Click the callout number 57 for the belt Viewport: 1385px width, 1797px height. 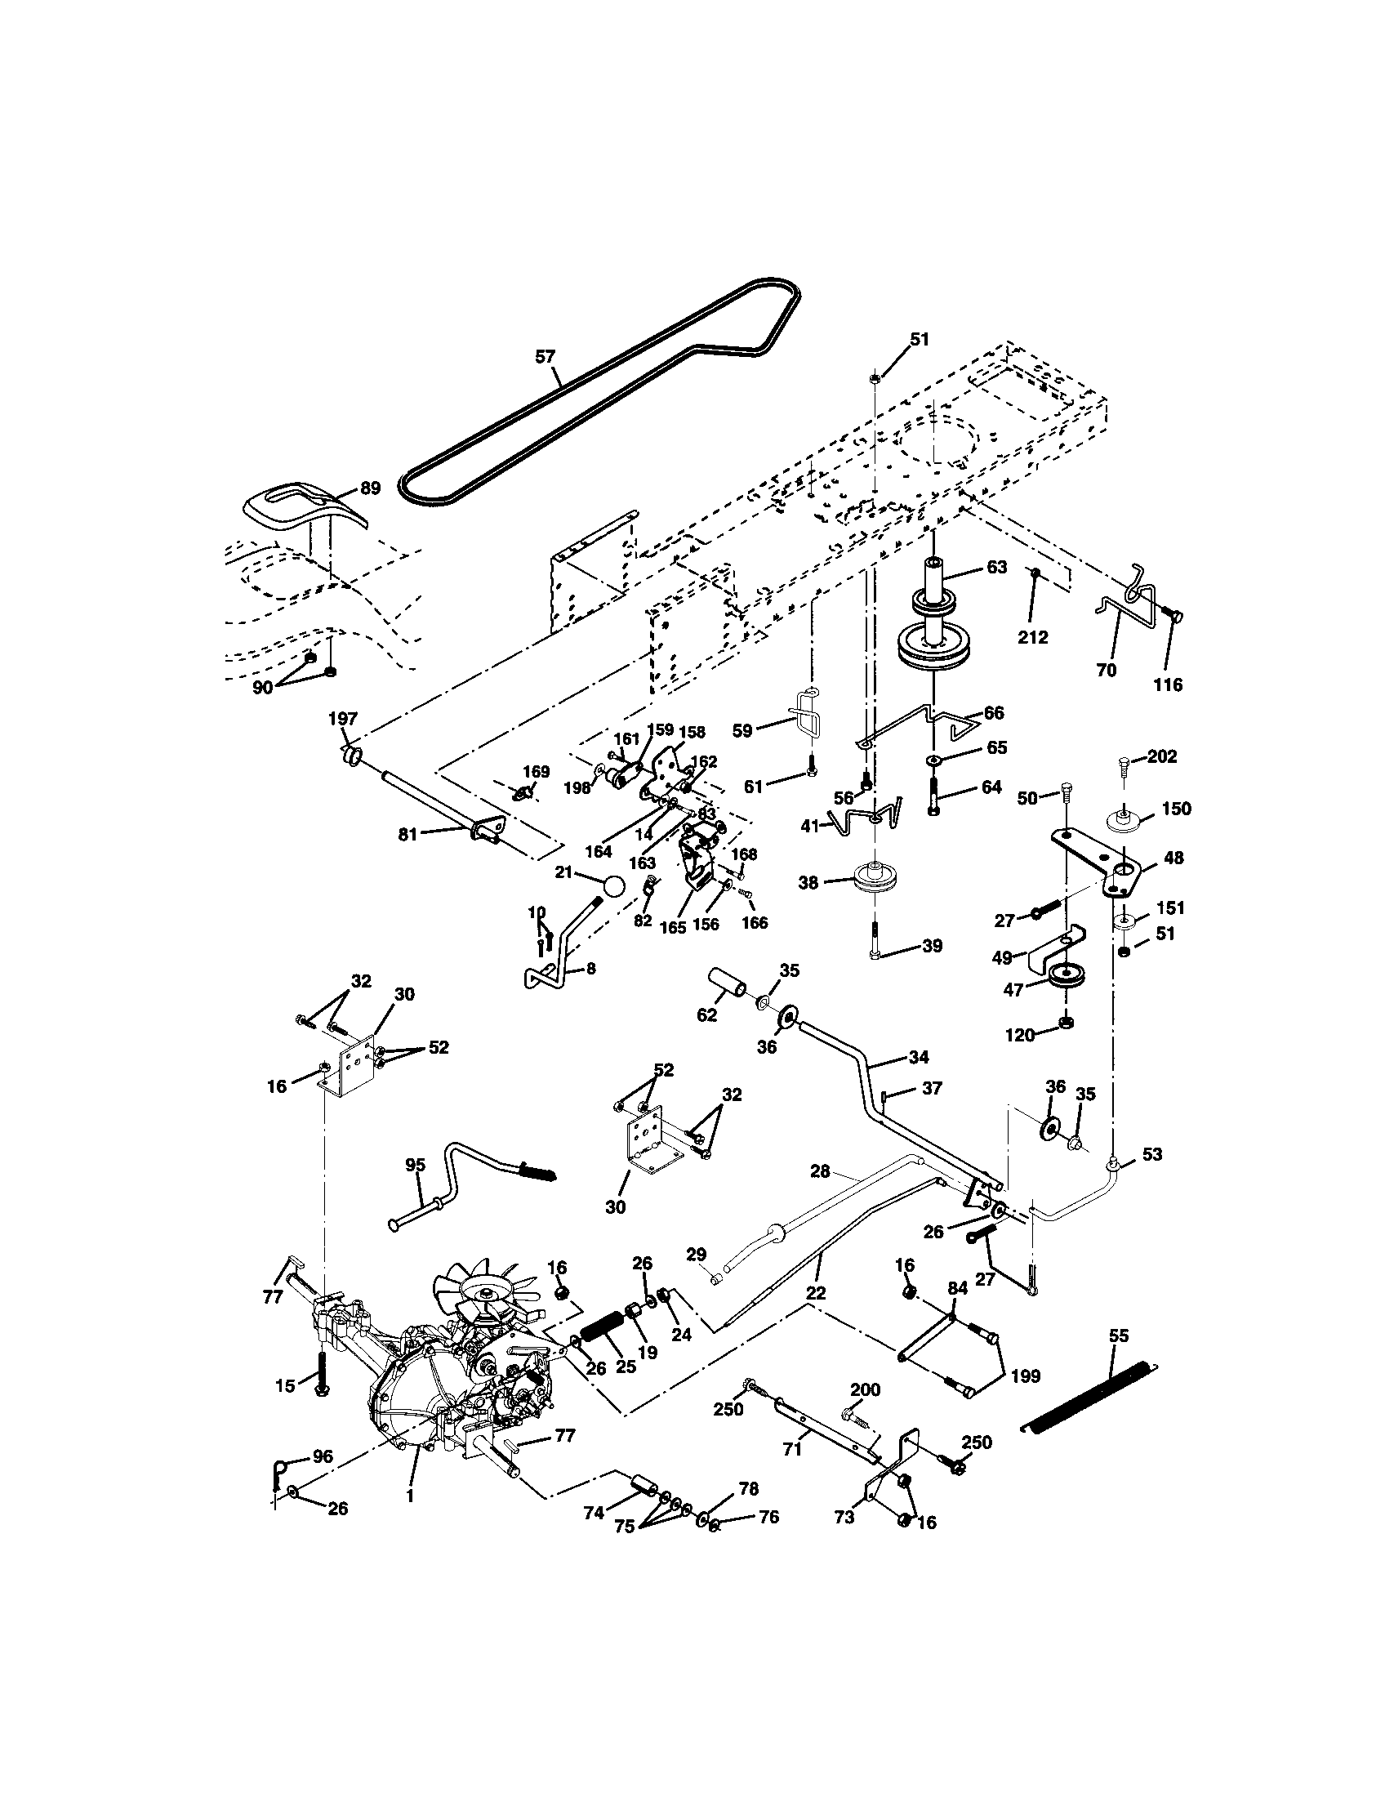coord(545,356)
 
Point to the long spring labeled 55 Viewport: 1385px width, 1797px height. coord(1089,1396)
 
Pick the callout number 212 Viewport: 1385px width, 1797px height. coord(1032,637)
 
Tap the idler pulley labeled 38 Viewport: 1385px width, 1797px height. coord(875,881)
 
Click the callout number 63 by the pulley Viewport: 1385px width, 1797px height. coord(996,568)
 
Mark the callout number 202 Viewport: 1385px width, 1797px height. coord(1161,756)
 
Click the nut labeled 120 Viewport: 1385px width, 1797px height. coord(1065,1023)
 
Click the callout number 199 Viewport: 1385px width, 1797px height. coord(1026,1376)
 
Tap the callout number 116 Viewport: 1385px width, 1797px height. coord(1168,684)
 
